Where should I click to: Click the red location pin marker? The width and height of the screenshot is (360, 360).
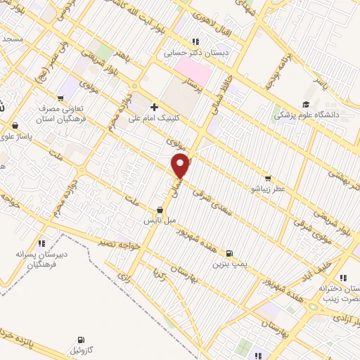[181, 166]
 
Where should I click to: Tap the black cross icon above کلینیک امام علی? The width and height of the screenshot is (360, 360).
[154, 108]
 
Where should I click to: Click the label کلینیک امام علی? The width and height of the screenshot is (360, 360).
[153, 119]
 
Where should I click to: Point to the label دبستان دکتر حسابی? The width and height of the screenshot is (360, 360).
[200, 52]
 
